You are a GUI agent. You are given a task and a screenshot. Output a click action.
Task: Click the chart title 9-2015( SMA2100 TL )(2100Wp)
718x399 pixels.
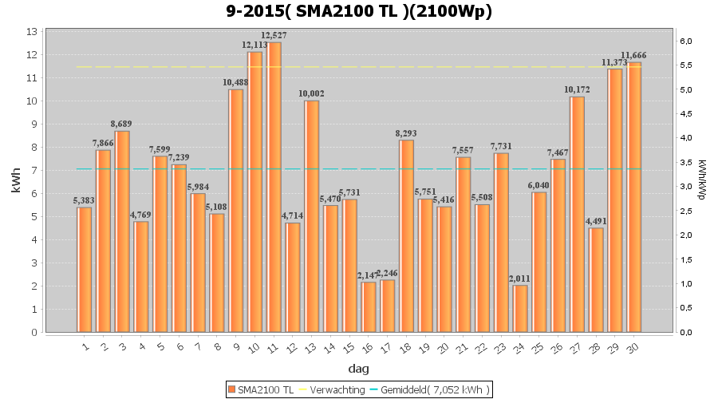point(358,11)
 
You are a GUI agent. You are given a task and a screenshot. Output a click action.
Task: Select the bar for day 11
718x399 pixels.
point(274,187)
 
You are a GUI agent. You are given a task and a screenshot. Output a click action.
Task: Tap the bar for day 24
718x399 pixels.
point(520,308)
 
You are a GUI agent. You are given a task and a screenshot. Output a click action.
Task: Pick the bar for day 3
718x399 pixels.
point(122,231)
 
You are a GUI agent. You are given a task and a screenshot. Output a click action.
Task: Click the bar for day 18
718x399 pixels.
point(407,235)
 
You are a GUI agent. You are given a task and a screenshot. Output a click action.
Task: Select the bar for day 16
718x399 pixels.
point(369,306)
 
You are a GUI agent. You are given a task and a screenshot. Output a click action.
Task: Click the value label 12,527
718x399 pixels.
point(274,35)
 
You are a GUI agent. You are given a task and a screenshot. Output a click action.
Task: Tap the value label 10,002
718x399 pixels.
point(312,93)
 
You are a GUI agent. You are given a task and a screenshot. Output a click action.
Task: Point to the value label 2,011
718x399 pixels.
point(520,279)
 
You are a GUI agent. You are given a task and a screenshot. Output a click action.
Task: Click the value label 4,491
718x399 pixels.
point(596,221)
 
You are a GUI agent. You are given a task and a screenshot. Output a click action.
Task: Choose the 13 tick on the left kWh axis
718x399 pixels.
point(32,32)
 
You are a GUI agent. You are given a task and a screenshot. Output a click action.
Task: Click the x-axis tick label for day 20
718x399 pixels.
point(444,346)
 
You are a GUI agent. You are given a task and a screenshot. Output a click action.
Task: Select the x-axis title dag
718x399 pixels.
point(358,369)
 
